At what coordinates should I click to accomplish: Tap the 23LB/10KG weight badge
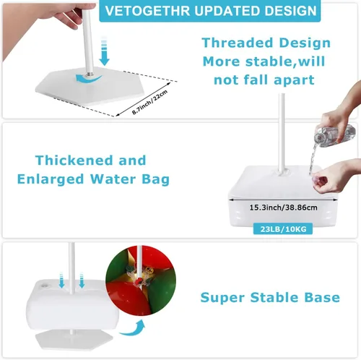pyautogui.click(x=283, y=228)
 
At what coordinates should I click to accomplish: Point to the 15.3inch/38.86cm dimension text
pyautogui.click(x=283, y=207)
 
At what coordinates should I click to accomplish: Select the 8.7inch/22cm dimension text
pyautogui.click(x=149, y=103)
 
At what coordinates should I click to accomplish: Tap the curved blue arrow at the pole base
pyautogui.click(x=88, y=79)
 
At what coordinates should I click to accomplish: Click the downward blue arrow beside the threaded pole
pyautogui.click(x=104, y=51)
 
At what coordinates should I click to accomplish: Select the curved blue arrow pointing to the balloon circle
pyautogui.click(x=133, y=328)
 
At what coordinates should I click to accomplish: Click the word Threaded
pyautogui.click(x=238, y=43)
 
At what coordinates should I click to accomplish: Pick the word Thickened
pyautogui.click(x=74, y=160)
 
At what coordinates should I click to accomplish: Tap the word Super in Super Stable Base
pyautogui.click(x=222, y=298)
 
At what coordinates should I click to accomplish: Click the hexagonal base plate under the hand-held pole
pyautogui.click(x=90, y=87)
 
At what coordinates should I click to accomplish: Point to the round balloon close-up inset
pyautogui.click(x=141, y=280)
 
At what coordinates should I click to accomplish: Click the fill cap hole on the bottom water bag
pyautogui.click(x=44, y=286)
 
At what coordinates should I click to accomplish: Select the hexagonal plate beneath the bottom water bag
pyautogui.click(x=74, y=340)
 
